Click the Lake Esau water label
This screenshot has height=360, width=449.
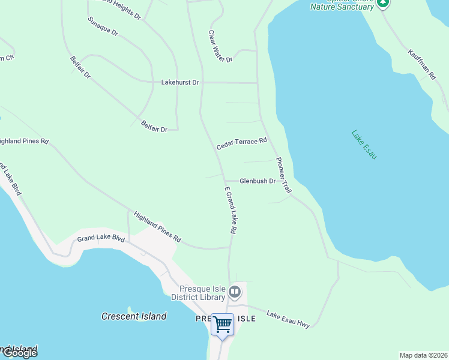click(364, 145)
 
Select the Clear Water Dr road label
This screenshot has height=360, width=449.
click(220, 47)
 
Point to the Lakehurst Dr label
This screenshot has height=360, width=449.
click(179, 82)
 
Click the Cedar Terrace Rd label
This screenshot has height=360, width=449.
click(241, 143)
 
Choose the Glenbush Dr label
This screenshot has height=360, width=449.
click(257, 181)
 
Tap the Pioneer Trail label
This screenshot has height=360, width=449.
click(283, 175)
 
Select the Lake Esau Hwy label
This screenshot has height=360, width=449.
click(288, 319)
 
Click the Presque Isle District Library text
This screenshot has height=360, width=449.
click(198, 293)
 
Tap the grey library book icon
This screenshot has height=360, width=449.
click(234, 293)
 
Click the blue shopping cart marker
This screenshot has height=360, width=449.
click(223, 325)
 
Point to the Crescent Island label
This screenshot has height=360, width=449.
click(134, 316)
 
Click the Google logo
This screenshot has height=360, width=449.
click(19, 353)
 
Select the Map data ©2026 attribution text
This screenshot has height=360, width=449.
click(424, 355)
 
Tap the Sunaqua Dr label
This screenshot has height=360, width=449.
click(103, 26)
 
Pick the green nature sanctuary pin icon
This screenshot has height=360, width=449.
click(383, 3)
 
